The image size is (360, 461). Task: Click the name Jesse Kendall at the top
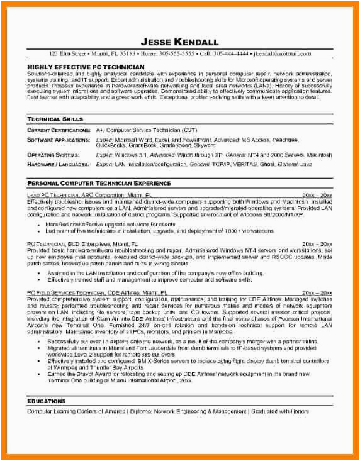(180, 42)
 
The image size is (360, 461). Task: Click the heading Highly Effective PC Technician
(86, 66)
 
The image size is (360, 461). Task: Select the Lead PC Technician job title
(55, 196)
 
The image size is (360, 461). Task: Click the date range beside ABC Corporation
(317, 196)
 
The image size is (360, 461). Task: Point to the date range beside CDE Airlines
(317, 293)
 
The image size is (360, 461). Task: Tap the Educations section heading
(46, 401)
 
